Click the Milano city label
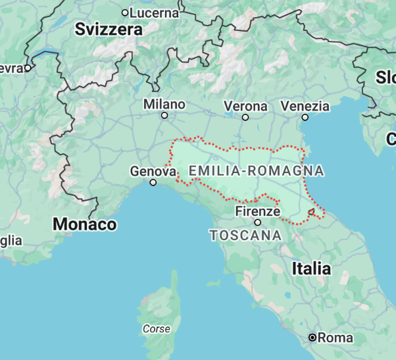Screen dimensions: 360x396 pyautogui.click(x=164, y=104)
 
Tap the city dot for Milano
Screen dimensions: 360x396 pyautogui.click(x=164, y=116)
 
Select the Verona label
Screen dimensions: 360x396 pyautogui.click(x=245, y=106)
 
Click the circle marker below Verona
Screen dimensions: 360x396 pyautogui.click(x=245, y=117)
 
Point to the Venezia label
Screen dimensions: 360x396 pyautogui.click(x=305, y=106)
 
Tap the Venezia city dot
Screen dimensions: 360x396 pyautogui.click(x=305, y=117)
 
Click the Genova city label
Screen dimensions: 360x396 pyautogui.click(x=153, y=171)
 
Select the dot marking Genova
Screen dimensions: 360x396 pyautogui.click(x=153, y=182)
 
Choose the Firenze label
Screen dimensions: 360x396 pyautogui.click(x=258, y=211)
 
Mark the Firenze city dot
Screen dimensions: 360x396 pyautogui.click(x=258, y=222)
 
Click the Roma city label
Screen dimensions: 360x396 pyautogui.click(x=335, y=338)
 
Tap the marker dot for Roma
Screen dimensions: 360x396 pyautogui.click(x=312, y=338)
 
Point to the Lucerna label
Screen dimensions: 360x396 pyautogui.click(x=155, y=13)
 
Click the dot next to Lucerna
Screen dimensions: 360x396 pyautogui.click(x=125, y=13)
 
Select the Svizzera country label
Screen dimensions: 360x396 pyautogui.click(x=109, y=29)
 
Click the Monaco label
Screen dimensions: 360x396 pyautogui.click(x=85, y=224)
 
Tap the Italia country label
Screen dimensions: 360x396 pyautogui.click(x=311, y=268)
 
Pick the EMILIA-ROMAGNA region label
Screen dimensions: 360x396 pyautogui.click(x=256, y=171)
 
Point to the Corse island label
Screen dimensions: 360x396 pyautogui.click(x=157, y=328)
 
